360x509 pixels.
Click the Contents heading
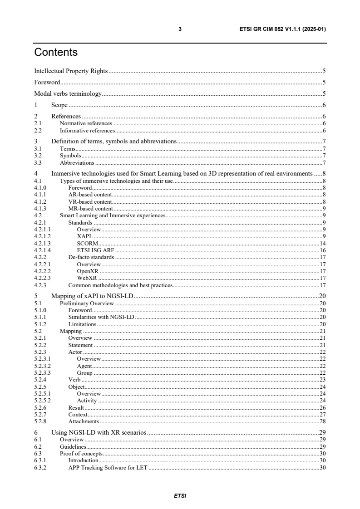56,52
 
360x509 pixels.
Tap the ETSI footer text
180,495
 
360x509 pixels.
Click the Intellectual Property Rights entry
71,71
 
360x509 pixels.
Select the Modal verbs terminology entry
68,94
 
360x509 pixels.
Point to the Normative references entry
86,123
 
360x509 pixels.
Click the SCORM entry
86,243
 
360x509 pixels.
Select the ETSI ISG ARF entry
96,250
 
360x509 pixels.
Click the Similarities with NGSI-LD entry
101,317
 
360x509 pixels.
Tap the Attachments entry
84,421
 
